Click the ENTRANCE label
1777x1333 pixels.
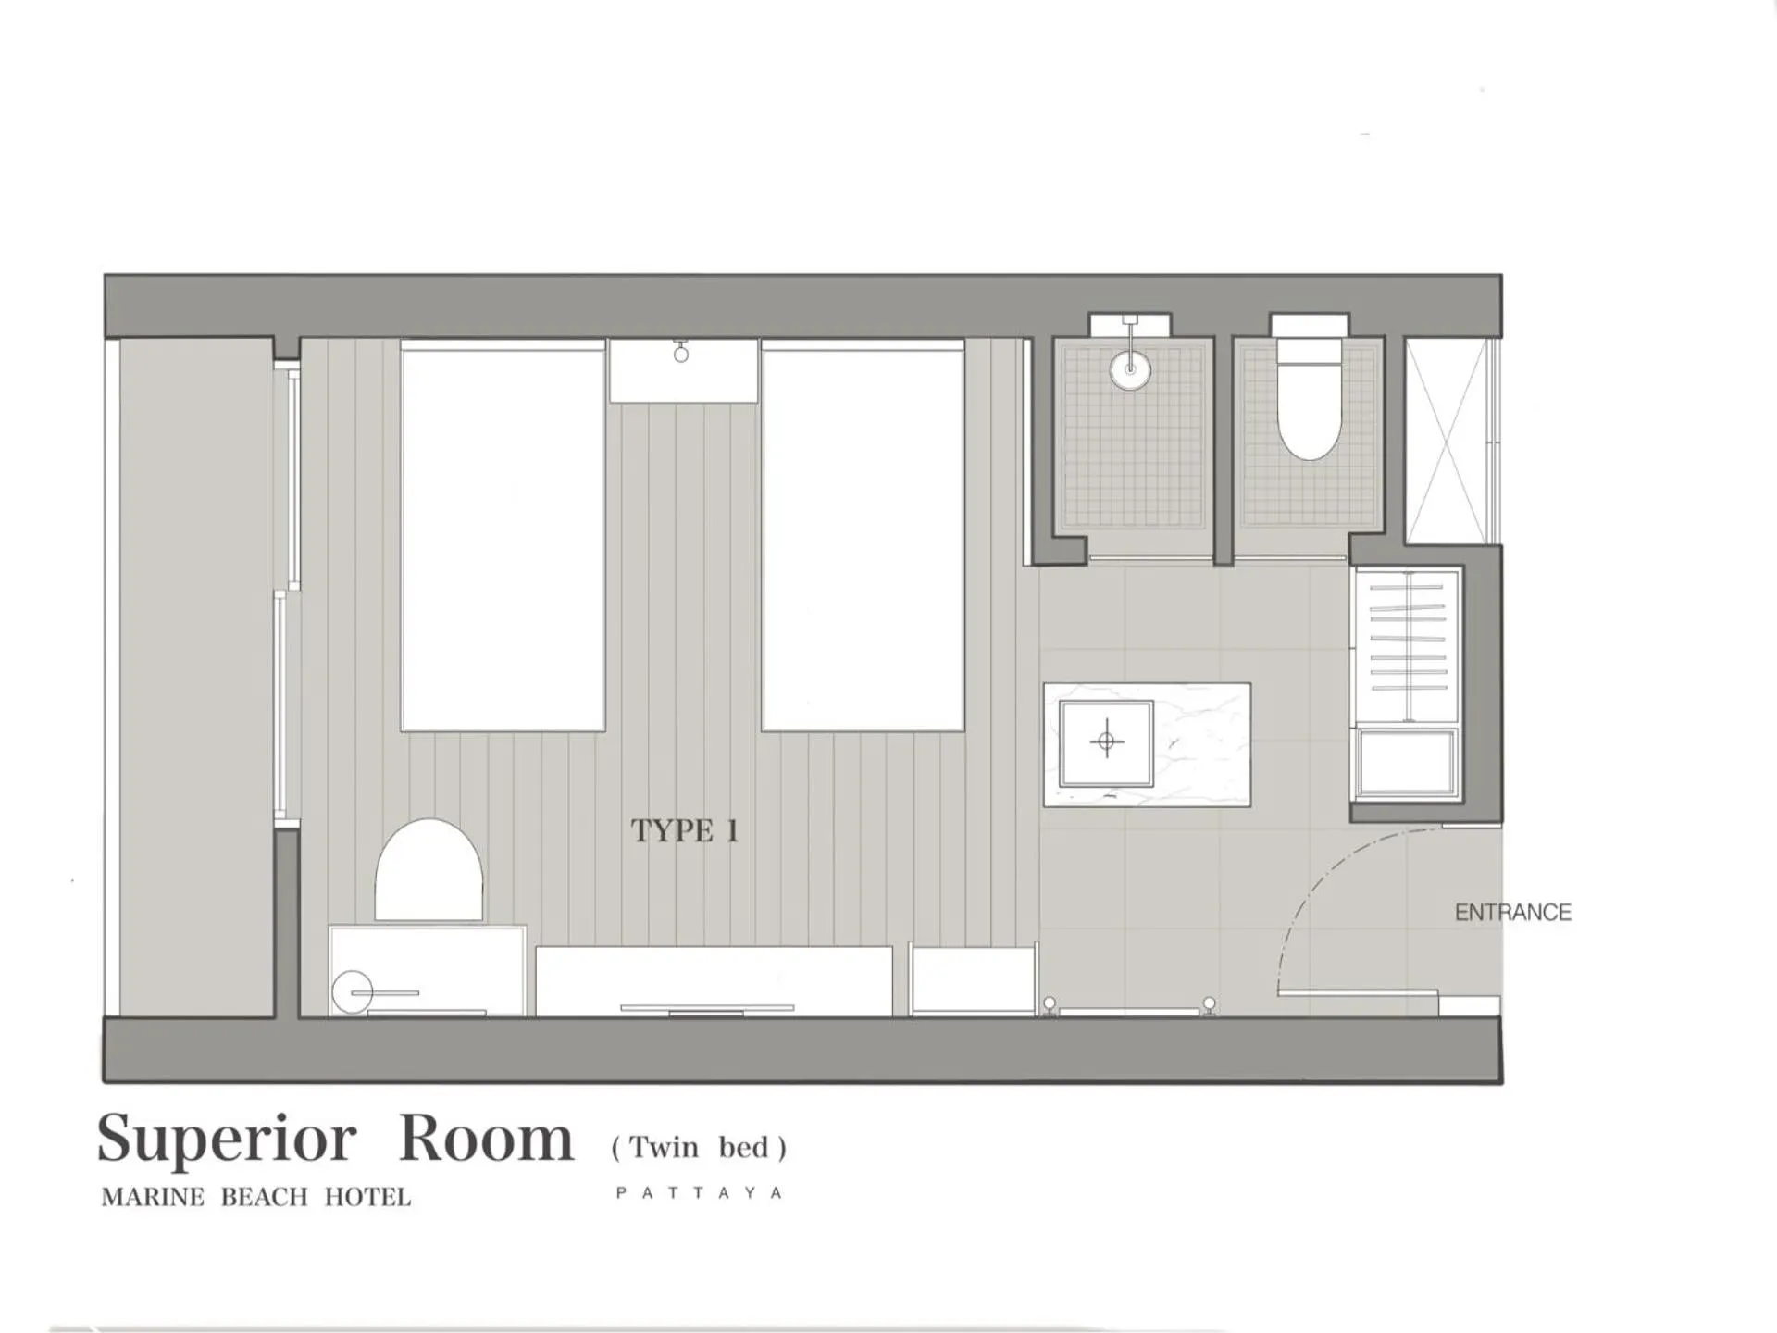1512,913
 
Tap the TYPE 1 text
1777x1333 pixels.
685,830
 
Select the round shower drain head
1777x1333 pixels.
1130,368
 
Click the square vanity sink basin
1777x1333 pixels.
1106,742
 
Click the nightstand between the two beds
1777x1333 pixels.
683,370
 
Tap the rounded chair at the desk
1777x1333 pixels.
429,870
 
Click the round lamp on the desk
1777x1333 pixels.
352,992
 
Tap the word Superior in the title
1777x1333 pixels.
227,1140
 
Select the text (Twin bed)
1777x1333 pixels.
699,1148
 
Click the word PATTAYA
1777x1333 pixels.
700,1193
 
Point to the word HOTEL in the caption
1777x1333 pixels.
367,1198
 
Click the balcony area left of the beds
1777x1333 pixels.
196,676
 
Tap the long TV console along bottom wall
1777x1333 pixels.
714,981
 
